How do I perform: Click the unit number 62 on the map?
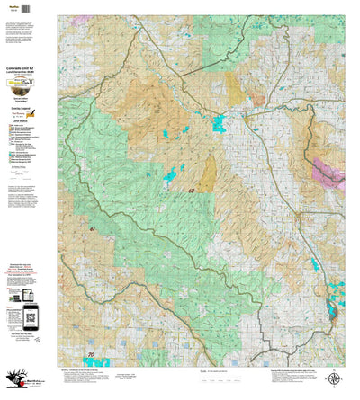tap(192, 192)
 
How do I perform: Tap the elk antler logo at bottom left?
tap(18, 382)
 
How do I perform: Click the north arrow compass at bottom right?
tap(334, 380)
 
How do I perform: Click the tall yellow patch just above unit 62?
tap(207, 173)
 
